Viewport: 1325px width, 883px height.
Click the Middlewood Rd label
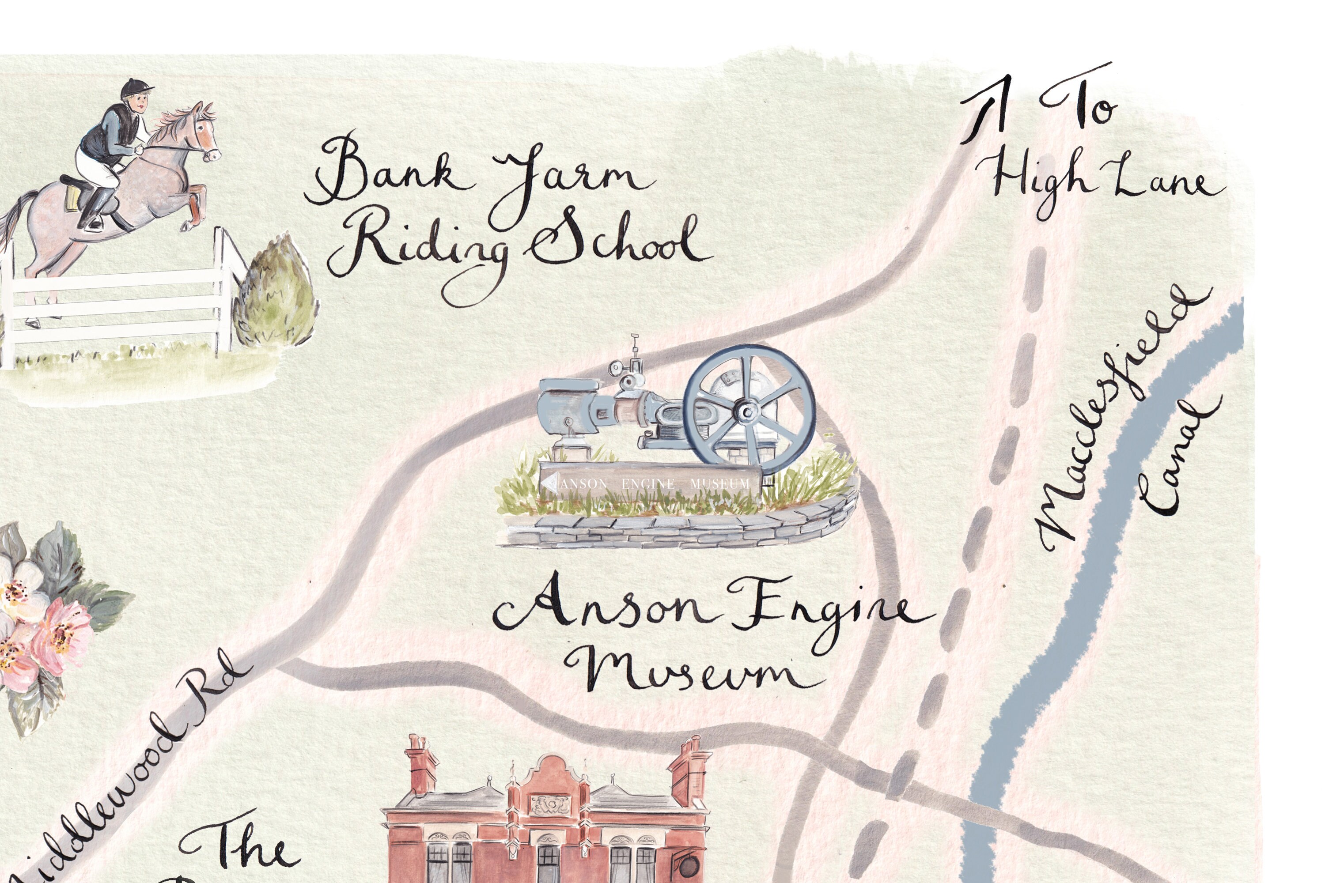129,771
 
